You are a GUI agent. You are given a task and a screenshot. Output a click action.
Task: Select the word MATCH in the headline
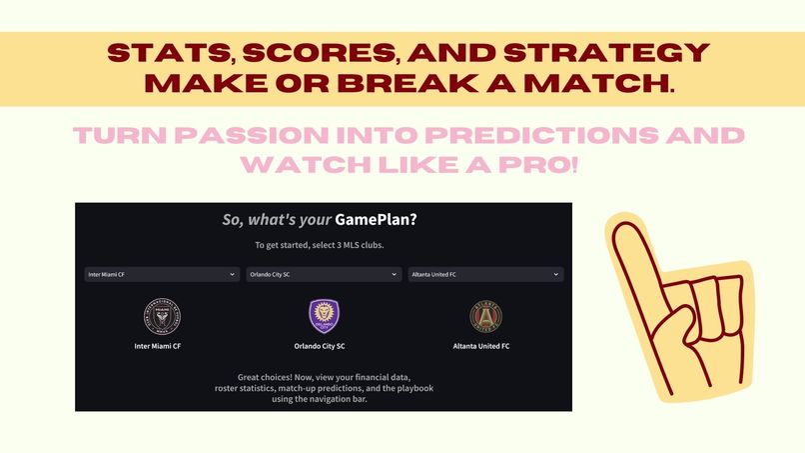(x=608, y=84)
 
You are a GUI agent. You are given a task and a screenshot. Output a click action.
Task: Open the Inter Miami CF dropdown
(x=162, y=274)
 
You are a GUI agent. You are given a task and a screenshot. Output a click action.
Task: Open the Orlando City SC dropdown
(x=324, y=274)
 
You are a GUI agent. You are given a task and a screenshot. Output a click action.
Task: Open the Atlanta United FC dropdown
(x=485, y=274)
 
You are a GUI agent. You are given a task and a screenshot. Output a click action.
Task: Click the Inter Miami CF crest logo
(x=162, y=316)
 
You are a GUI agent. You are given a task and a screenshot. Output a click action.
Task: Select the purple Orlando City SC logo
(x=324, y=316)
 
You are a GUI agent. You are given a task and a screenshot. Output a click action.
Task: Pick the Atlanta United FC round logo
(x=485, y=316)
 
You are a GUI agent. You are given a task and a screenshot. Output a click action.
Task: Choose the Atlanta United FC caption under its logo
(x=485, y=346)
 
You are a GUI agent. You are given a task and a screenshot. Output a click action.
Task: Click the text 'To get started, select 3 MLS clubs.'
(x=324, y=246)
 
